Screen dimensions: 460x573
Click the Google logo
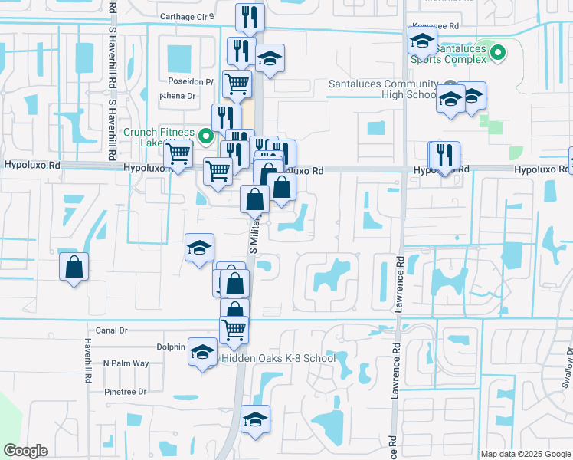pyautogui.click(x=25, y=451)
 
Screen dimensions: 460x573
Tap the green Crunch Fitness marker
pyautogui.click(x=205, y=137)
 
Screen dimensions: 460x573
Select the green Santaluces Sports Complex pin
pyautogui.click(x=498, y=53)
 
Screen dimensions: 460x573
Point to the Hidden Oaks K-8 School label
pyautogui.click(x=278, y=358)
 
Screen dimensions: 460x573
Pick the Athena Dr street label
pyautogui.click(x=178, y=97)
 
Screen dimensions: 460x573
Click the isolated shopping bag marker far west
pyautogui.click(x=74, y=268)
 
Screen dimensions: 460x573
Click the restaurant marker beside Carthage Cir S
pyautogui.click(x=249, y=18)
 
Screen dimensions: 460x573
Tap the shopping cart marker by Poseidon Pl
pyautogui.click(x=237, y=83)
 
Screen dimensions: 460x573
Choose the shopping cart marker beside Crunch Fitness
pyautogui.click(x=178, y=154)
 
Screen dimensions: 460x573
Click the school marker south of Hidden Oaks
pyautogui.click(x=256, y=419)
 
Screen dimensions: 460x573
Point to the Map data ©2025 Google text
pyautogui.click(x=526, y=454)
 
